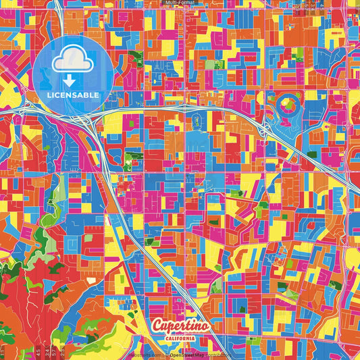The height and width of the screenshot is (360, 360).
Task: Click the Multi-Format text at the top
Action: [x=180, y=3]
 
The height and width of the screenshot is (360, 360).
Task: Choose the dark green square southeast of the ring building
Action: [x=311, y=155]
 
